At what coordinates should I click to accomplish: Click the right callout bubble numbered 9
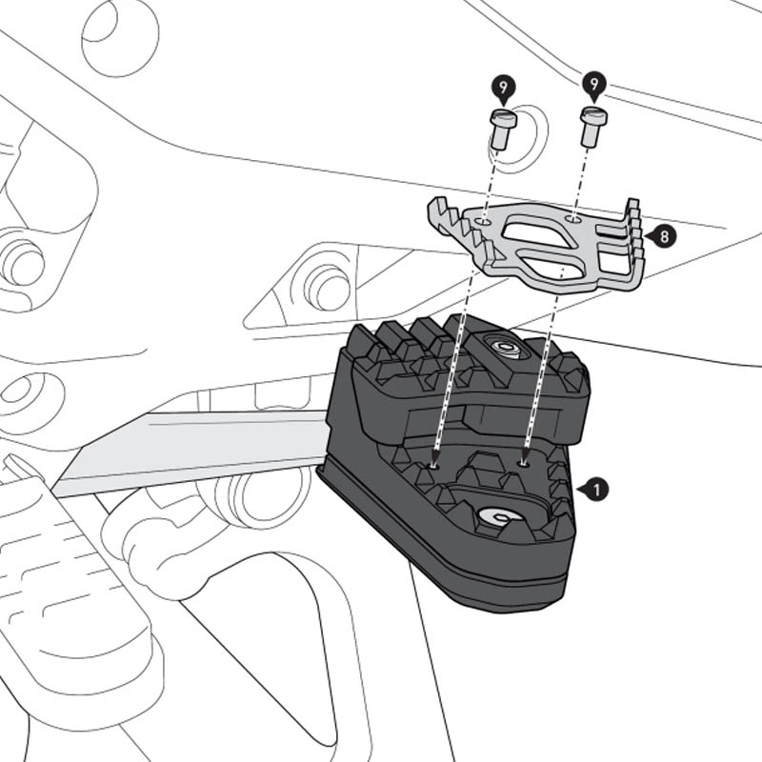tap(594, 86)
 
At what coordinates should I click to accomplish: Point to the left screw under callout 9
tap(502, 130)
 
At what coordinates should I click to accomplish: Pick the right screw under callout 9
tap(592, 127)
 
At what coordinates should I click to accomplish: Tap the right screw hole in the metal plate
tap(572, 219)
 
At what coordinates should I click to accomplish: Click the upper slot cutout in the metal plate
tap(538, 231)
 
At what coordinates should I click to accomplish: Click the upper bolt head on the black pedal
tap(505, 348)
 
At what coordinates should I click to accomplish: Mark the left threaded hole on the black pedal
tap(435, 466)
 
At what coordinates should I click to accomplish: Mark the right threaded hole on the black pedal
tap(524, 463)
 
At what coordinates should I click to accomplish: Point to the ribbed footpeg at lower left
tap(67, 591)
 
